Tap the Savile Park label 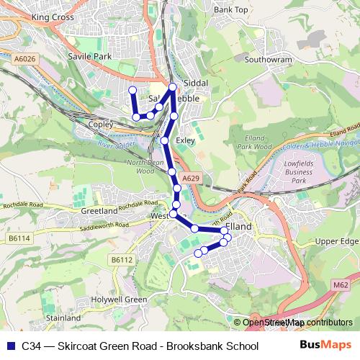pyautogui.click(x=90, y=55)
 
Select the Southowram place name pyautogui.click(x=267, y=61)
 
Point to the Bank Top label pyautogui.click(x=230, y=10)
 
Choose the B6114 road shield pyautogui.click(x=20, y=237)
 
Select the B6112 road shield pyautogui.click(x=122, y=259)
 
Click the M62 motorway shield pyautogui.click(x=341, y=285)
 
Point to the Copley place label pyautogui.click(x=102, y=125)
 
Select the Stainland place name pyautogui.click(x=63, y=318)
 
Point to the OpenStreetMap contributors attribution pyautogui.click(x=295, y=323)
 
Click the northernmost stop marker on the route pyautogui.click(x=172, y=87)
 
